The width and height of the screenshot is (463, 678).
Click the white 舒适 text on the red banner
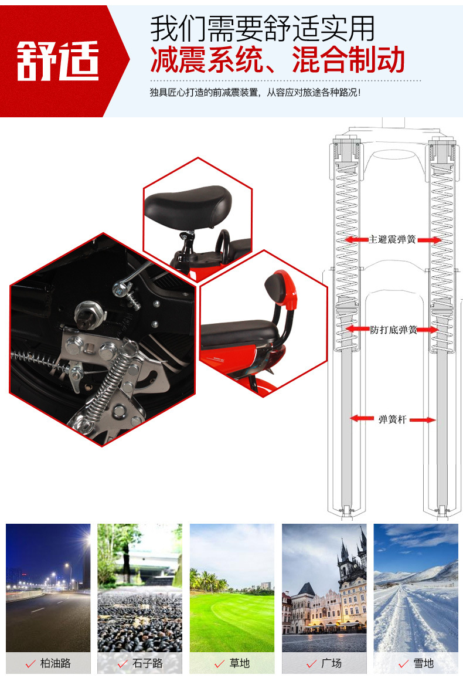coord(58,61)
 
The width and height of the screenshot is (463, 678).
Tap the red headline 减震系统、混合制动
coord(277,59)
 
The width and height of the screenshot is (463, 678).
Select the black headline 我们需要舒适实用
coord(262,28)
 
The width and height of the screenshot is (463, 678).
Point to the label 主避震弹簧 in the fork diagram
coord(392,239)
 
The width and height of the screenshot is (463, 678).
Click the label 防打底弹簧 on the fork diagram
coord(393,330)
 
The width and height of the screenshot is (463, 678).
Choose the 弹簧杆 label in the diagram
coord(392,419)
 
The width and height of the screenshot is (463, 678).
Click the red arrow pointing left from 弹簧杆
coord(362,419)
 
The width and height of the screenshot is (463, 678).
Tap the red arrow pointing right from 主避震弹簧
coord(430,240)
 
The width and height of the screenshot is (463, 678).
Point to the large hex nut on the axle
coord(88,314)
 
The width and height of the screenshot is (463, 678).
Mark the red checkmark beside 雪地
coord(404,664)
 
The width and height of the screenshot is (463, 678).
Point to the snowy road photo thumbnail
coord(416,588)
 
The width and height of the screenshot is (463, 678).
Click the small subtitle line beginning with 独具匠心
coord(255,93)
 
